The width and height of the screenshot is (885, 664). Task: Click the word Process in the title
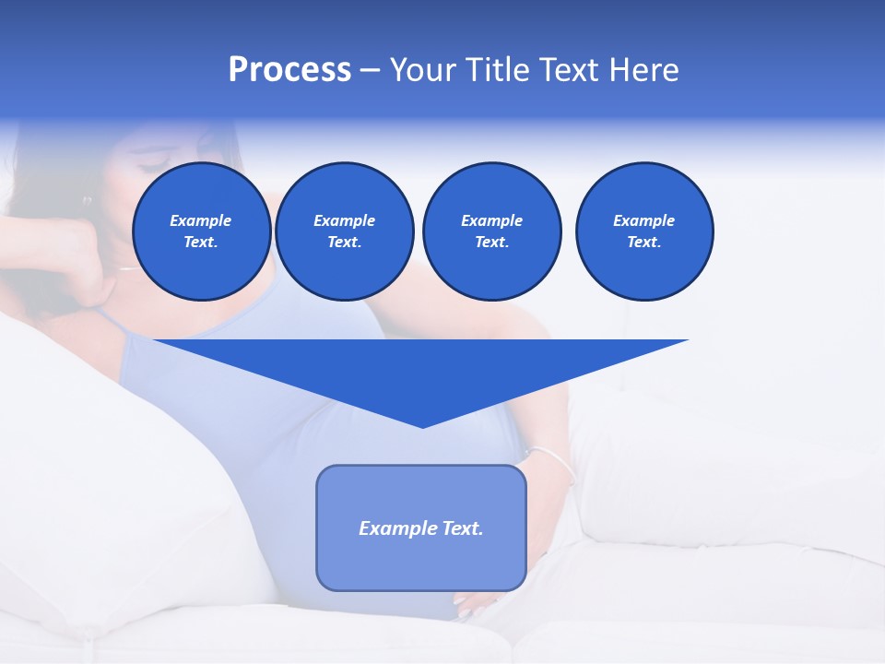coord(289,70)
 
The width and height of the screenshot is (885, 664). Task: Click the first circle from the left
coord(201,231)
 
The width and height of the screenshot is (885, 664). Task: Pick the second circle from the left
coord(344,231)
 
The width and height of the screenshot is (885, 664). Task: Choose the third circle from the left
coord(491,231)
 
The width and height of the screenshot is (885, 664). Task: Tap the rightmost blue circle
coord(643,231)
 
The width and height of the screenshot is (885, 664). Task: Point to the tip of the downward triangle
coord(422,425)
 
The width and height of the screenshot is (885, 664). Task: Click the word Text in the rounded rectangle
coord(462,528)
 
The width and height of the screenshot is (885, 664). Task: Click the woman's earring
coord(88,200)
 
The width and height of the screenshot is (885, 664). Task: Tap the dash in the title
coord(370,70)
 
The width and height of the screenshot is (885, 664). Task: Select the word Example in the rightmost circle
coord(643,220)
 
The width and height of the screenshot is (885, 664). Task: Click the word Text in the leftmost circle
coord(200,243)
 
